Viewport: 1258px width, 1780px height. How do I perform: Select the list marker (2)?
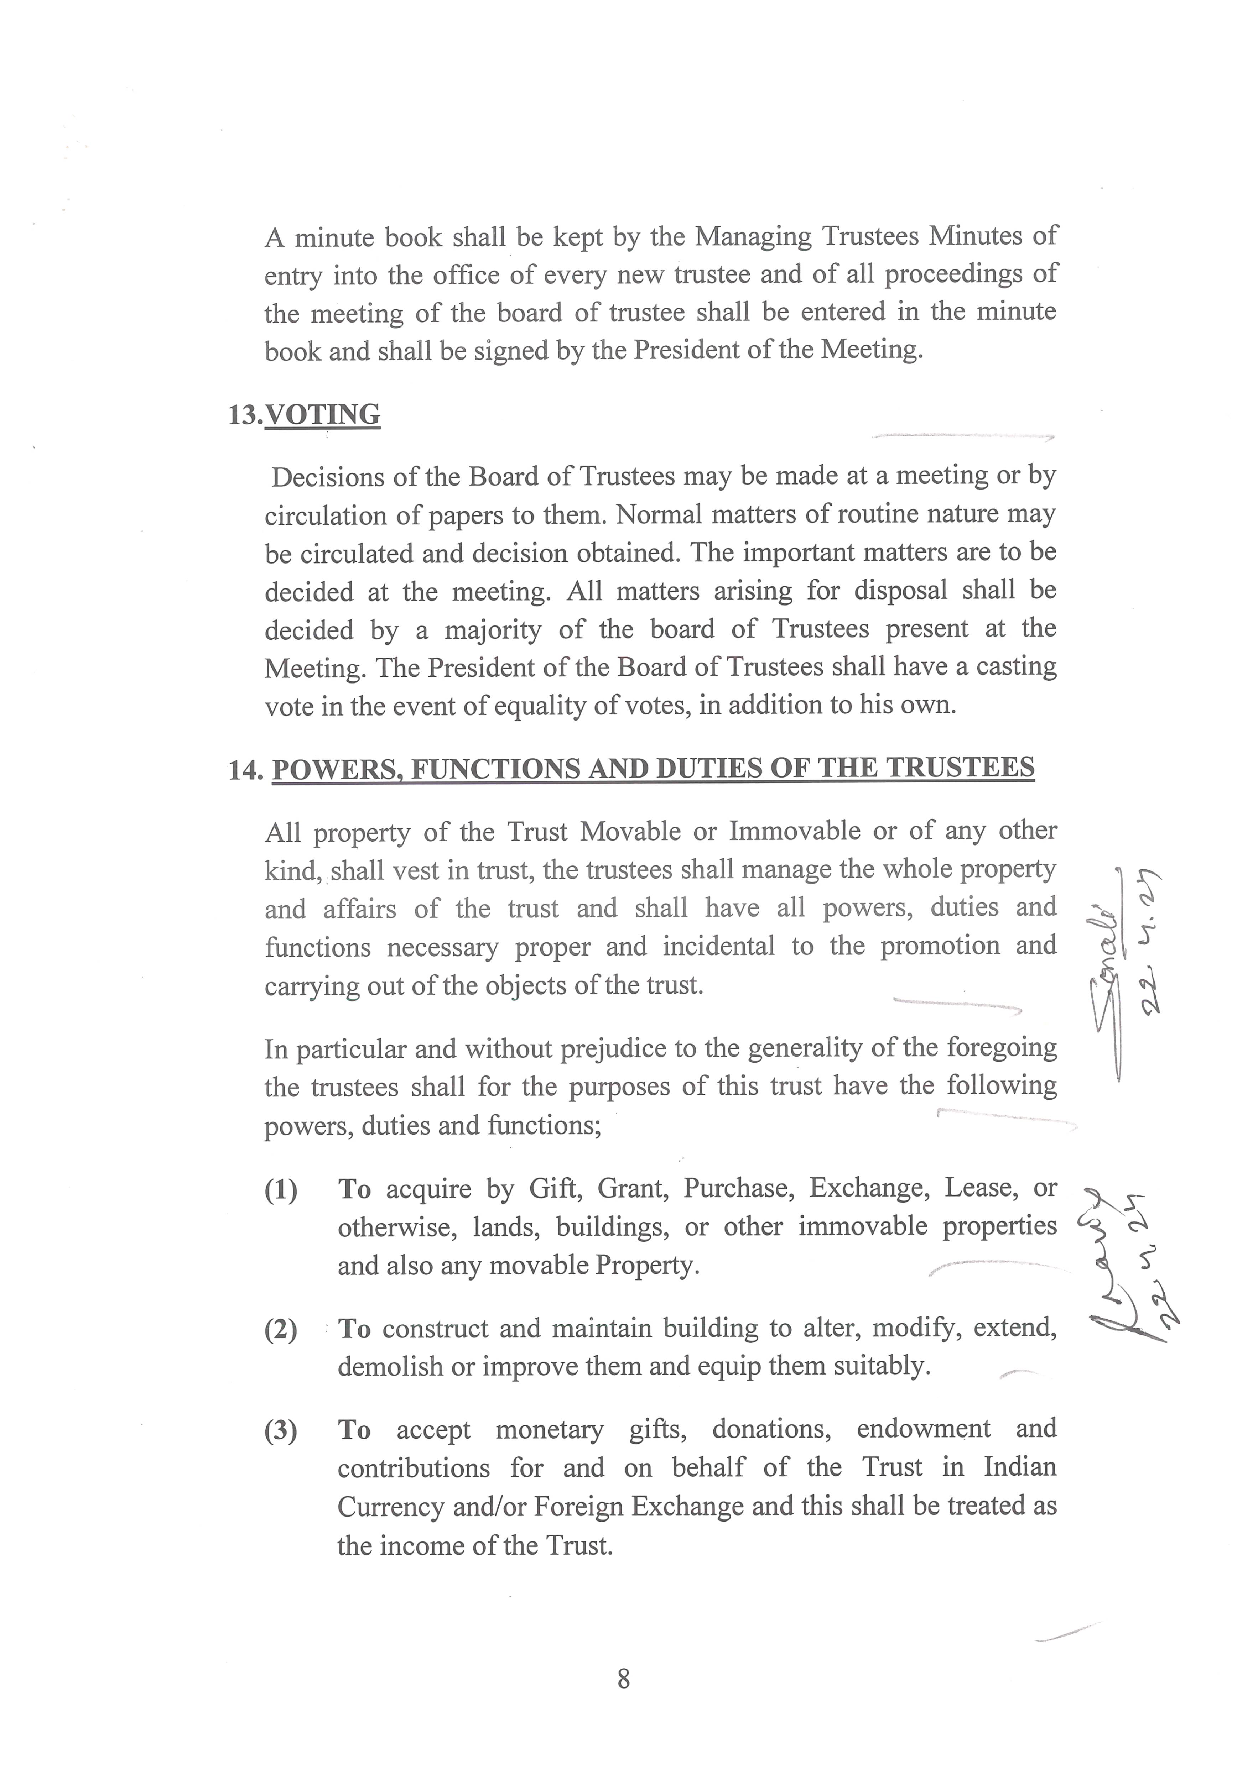coord(281,1329)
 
